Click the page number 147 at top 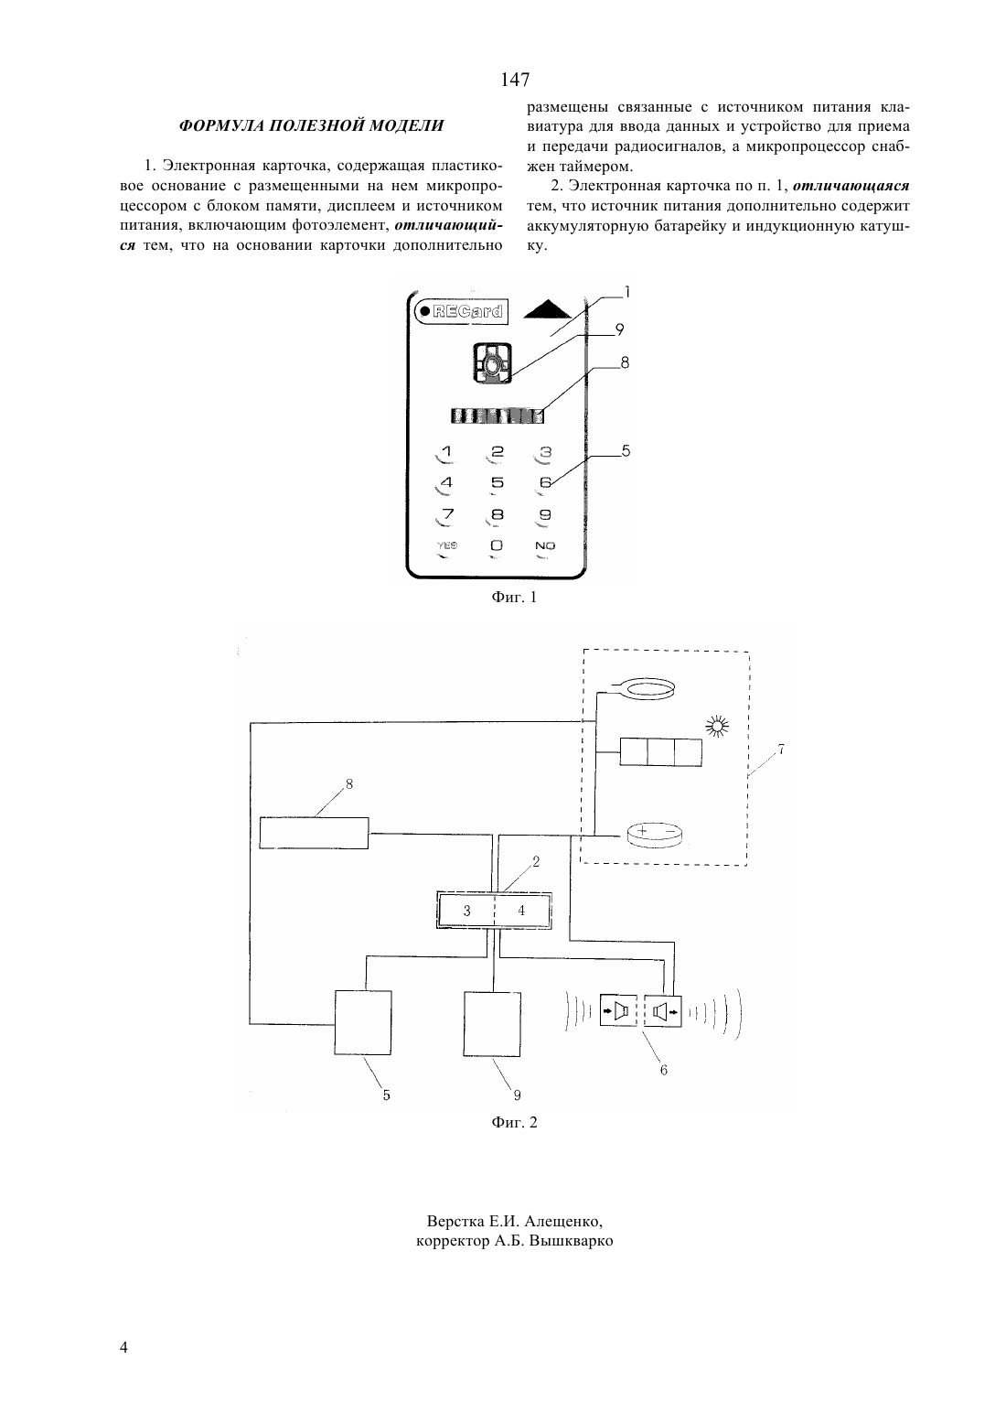(514, 80)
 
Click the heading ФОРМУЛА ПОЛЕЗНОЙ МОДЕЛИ (311, 125)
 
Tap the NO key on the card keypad (545, 545)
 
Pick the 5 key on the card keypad (498, 482)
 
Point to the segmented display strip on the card (498, 415)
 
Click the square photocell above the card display (492, 363)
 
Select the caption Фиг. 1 (514, 597)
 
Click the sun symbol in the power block (718, 726)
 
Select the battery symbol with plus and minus (657, 834)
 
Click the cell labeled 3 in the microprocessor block (466, 911)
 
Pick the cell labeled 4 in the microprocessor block (521, 911)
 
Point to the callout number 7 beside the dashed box (780, 750)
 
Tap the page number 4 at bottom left (123, 1346)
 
